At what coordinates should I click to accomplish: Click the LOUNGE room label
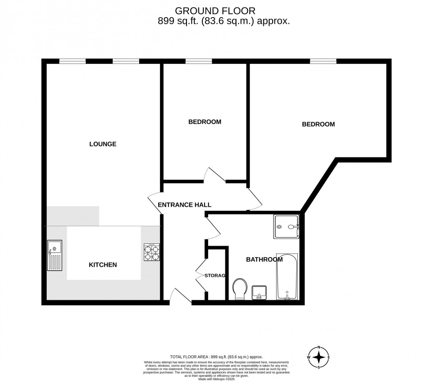point(103,144)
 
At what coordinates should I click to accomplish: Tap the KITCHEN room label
point(103,265)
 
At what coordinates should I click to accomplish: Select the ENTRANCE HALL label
point(184,205)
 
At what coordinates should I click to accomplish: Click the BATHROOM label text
point(264,259)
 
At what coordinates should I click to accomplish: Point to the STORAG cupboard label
point(215,276)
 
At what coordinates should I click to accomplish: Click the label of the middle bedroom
point(205,122)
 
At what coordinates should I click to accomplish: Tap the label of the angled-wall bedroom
point(318,124)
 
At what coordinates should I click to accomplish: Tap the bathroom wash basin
point(259,292)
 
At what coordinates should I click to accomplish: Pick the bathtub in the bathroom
point(287,276)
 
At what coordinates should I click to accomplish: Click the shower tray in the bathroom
point(286,227)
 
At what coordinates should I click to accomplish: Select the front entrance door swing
point(179,296)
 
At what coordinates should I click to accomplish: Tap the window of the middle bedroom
point(192,61)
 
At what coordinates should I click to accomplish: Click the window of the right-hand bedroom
point(323,61)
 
